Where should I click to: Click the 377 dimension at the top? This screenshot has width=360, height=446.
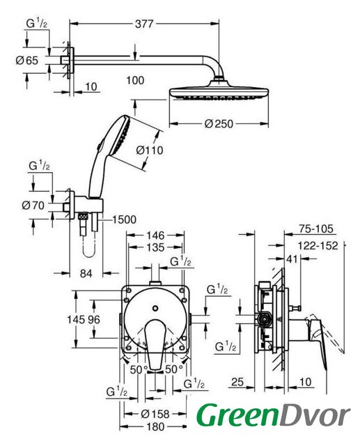tap(144, 24)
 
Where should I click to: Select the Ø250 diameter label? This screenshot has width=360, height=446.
tap(219, 124)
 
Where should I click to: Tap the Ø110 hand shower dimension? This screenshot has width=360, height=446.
tap(150, 151)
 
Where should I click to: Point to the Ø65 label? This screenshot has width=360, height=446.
tap(27, 61)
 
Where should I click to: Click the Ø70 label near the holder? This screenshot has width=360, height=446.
tap(33, 205)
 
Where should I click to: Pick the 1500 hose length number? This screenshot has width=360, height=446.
tap(124, 220)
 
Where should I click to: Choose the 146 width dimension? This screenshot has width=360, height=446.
tap(155, 236)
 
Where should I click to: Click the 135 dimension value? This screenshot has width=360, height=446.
tap(155, 247)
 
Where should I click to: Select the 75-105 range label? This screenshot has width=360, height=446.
tap(315, 229)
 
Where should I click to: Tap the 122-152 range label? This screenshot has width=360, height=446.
tap(318, 245)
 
